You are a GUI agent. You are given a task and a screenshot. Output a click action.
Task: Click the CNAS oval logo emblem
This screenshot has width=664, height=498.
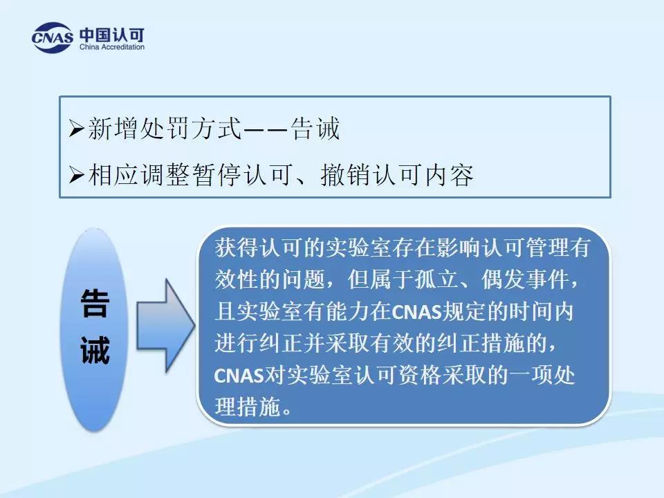(x=52, y=37)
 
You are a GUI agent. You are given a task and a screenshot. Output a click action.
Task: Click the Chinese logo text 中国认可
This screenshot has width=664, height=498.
(x=112, y=35)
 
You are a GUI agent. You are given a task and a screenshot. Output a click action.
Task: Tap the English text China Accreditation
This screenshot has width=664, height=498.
(x=112, y=47)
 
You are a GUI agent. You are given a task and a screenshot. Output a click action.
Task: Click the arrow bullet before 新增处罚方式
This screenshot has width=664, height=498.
(x=76, y=128)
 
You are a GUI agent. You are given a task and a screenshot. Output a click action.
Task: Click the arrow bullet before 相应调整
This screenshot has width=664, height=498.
(x=76, y=174)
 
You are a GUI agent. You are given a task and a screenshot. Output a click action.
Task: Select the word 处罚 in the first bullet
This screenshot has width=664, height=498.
(x=165, y=128)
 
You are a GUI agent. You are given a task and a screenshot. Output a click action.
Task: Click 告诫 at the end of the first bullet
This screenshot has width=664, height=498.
(x=315, y=128)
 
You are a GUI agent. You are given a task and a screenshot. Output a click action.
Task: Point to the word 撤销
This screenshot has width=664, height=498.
(x=345, y=174)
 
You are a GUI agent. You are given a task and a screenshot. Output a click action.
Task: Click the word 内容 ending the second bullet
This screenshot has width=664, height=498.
(x=449, y=174)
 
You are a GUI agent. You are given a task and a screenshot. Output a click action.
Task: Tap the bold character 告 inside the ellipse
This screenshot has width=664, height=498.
(x=95, y=304)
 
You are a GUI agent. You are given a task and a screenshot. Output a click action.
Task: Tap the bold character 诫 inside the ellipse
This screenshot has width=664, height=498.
(x=95, y=350)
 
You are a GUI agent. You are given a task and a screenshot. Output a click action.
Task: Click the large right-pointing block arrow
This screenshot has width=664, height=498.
(x=165, y=326)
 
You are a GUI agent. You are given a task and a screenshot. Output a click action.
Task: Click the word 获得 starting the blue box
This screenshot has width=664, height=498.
(x=237, y=248)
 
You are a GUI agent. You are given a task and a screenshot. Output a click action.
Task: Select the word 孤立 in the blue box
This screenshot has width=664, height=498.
(x=436, y=279)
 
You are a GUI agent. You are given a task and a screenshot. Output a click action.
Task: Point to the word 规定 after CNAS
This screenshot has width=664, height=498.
(x=464, y=311)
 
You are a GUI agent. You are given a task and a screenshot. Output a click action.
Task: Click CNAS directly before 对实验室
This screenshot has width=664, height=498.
(x=239, y=376)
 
